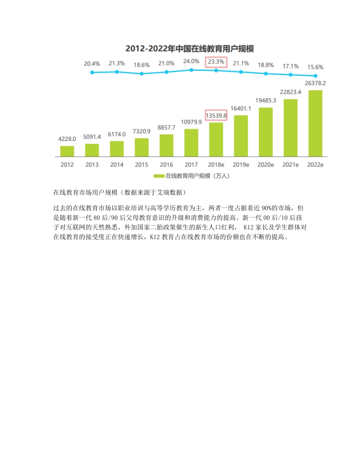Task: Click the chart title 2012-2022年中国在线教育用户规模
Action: pyautogui.click(x=189, y=48)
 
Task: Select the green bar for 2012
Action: pyautogui.click(x=67, y=151)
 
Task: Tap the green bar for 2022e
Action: pyautogui.click(x=315, y=124)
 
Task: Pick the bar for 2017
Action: pyautogui.click(x=191, y=143)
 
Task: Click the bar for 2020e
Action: pyautogui.click(x=266, y=132)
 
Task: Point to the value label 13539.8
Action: pyautogui.click(x=216, y=115)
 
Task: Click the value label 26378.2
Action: pyautogui.click(x=316, y=83)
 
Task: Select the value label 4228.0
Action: pyautogui.click(x=67, y=139)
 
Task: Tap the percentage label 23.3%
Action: pyautogui.click(x=216, y=62)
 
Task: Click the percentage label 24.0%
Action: pyautogui.click(x=191, y=61)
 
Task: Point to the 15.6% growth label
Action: pyautogui.click(x=315, y=67)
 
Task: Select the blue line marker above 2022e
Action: pyautogui.click(x=315, y=76)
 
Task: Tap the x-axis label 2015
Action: pyautogui.click(x=141, y=165)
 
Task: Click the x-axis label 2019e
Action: pyautogui.click(x=241, y=165)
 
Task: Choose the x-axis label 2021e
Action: pyautogui.click(x=291, y=165)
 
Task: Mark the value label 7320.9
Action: pyautogui.click(x=142, y=131)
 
